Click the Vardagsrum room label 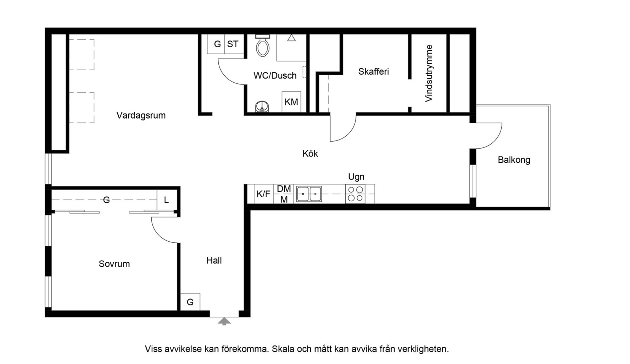pyautogui.click(x=141, y=115)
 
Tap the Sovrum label pyautogui.click(x=114, y=264)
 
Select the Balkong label pyautogui.click(x=514, y=160)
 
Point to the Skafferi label pyautogui.click(x=373, y=72)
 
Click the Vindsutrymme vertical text pyautogui.click(x=429, y=73)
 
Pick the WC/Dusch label pyautogui.click(x=275, y=76)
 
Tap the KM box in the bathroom pyautogui.click(x=291, y=102)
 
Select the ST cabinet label pyautogui.click(x=233, y=44)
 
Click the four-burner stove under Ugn pyautogui.click(x=355, y=194)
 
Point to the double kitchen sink pyautogui.click(x=309, y=194)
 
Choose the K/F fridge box pyautogui.click(x=264, y=194)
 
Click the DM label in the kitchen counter pyautogui.click(x=284, y=189)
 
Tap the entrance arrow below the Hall pyautogui.click(x=224, y=321)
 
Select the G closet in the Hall pyautogui.click(x=190, y=302)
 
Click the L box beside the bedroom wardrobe pyautogui.click(x=166, y=200)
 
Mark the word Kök pyautogui.click(x=310, y=154)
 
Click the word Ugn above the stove pyautogui.click(x=356, y=177)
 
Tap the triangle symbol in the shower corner pyautogui.click(x=291, y=38)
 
